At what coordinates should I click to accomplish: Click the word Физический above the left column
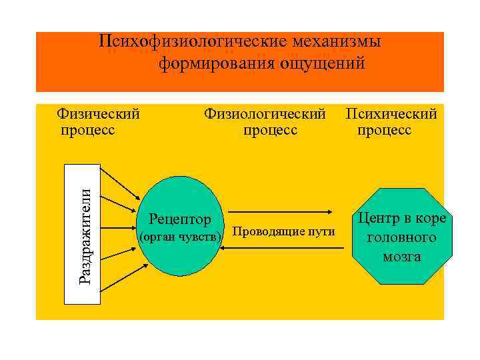click(x=99, y=114)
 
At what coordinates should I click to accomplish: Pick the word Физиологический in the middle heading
click(x=265, y=114)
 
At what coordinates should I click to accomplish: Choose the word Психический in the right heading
click(x=391, y=114)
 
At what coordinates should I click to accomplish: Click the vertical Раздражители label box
click(x=83, y=234)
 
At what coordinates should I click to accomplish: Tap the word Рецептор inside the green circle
click(x=180, y=219)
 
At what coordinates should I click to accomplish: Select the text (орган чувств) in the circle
click(x=179, y=237)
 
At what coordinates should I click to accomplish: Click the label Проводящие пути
click(x=285, y=232)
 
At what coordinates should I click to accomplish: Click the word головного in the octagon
click(x=402, y=237)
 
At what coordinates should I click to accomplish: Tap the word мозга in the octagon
click(x=402, y=256)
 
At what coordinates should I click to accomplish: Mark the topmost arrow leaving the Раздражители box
click(x=120, y=181)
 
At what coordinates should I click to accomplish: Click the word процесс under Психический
click(x=384, y=130)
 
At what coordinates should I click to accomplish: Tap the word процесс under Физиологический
click(x=271, y=130)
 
